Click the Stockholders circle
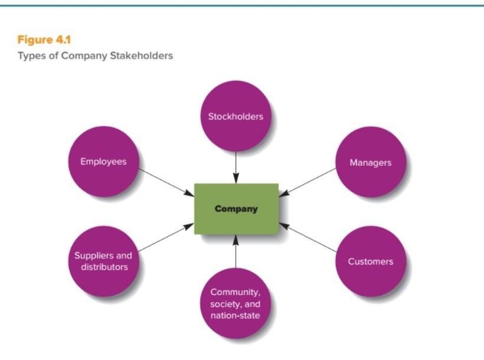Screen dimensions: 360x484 click(236, 116)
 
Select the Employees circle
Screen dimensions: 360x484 click(103, 162)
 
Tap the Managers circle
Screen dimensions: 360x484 click(370, 162)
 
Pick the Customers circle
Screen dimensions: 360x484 click(370, 261)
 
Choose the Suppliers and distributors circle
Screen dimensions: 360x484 click(103, 261)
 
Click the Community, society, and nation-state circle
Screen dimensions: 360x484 click(236, 303)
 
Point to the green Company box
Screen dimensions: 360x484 click(236, 208)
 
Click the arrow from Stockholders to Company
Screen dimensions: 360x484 click(236, 167)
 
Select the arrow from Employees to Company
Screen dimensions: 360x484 click(166, 183)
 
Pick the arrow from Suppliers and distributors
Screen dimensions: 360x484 click(166, 237)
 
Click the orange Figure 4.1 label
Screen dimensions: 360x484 click(44, 40)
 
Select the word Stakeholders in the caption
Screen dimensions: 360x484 click(142, 56)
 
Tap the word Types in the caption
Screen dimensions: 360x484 click(30, 56)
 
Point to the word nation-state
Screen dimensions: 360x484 click(235, 315)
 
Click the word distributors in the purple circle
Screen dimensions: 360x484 click(104, 267)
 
